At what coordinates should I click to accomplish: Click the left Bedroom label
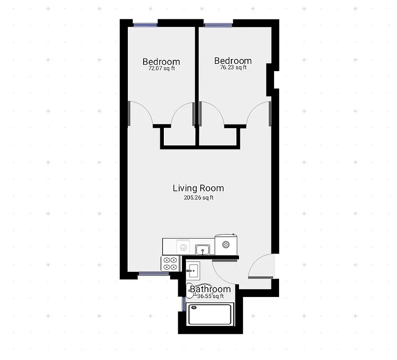(x=161, y=62)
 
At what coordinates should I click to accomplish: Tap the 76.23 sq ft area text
(x=233, y=68)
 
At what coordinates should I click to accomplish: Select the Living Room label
(x=198, y=188)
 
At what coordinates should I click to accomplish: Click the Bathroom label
(x=210, y=289)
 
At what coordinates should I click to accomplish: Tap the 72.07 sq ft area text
(x=161, y=69)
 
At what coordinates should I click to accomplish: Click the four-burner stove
(x=170, y=263)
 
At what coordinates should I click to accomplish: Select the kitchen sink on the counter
(x=202, y=249)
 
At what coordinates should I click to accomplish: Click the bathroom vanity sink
(x=193, y=270)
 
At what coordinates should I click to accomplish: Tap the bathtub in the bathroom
(x=210, y=314)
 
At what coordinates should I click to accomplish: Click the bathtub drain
(x=194, y=308)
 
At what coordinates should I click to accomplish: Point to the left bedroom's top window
(x=145, y=24)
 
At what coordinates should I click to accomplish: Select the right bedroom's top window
(x=218, y=24)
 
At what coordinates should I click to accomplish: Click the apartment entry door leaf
(x=260, y=277)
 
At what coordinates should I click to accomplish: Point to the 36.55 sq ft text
(x=210, y=296)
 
